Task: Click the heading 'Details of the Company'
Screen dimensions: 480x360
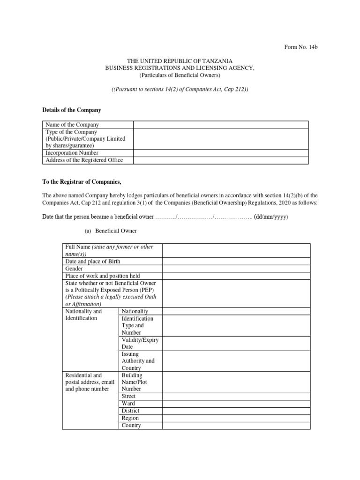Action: [x=72, y=110]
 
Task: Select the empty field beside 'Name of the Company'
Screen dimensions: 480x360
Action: [x=221, y=125]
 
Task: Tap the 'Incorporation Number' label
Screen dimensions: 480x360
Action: [x=72, y=153]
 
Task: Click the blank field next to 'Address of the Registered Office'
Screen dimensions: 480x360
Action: [x=221, y=160]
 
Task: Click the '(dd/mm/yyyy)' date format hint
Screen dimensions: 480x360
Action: [x=271, y=217]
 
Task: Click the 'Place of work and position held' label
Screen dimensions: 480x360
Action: [x=103, y=276]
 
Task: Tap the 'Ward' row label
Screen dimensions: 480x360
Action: [x=128, y=404]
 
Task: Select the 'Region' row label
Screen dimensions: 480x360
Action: [x=130, y=418]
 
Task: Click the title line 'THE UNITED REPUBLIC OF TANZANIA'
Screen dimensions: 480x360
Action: [x=180, y=61]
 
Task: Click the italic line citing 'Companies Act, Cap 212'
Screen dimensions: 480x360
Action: [x=180, y=89]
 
